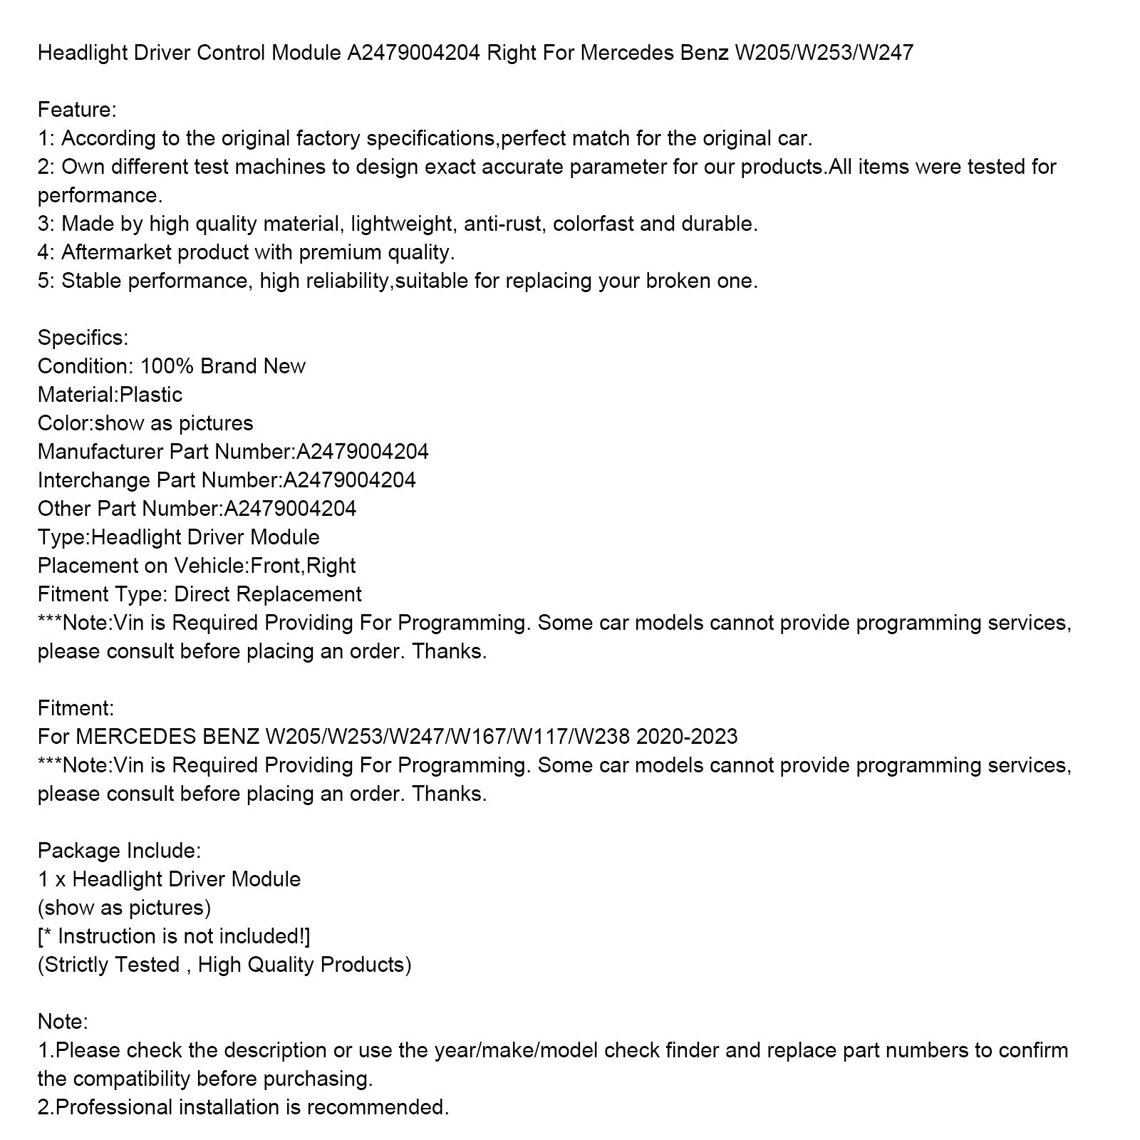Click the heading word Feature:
tap(77, 110)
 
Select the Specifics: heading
tap(83, 338)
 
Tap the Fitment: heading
tap(76, 708)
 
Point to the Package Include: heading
tap(119, 851)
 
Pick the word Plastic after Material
tap(150, 395)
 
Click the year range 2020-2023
tap(687, 737)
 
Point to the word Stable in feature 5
tap(94, 281)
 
